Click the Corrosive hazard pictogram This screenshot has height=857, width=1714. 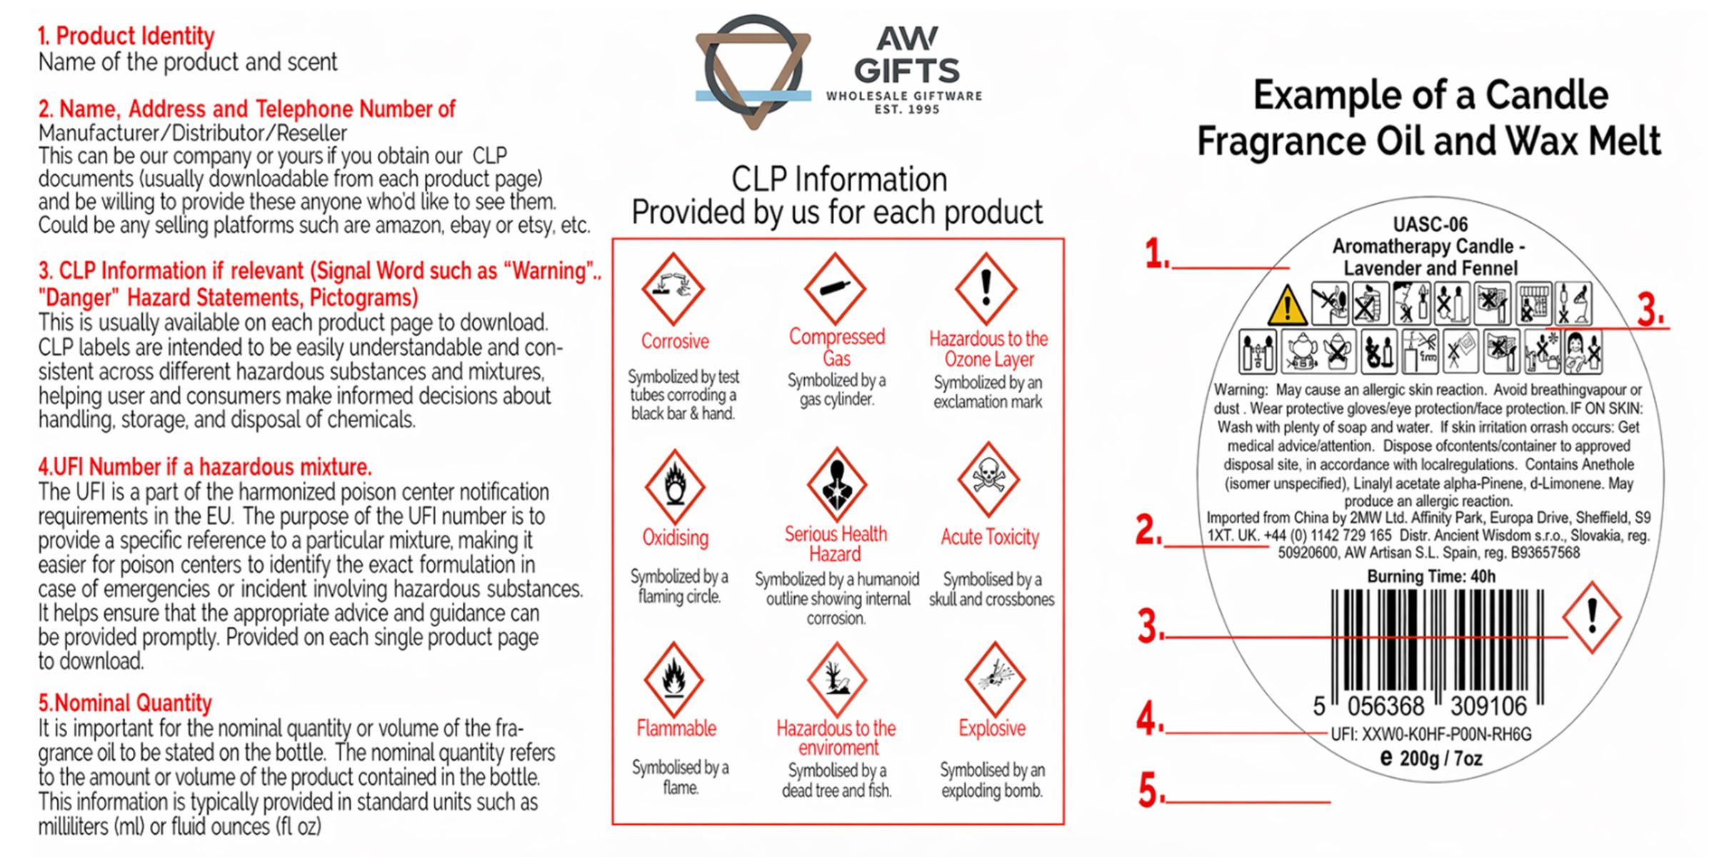pyautogui.click(x=673, y=289)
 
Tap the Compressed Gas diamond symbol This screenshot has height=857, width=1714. pyautogui.click(x=835, y=289)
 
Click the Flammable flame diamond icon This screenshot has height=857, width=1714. pyautogui.click(x=673, y=679)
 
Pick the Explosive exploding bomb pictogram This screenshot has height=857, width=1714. pyautogui.click(x=995, y=679)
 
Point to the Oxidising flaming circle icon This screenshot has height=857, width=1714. pyautogui.click(x=675, y=486)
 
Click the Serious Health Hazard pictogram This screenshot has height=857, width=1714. pyautogui.click(x=836, y=484)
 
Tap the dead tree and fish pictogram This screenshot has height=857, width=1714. pyautogui.click(x=836, y=679)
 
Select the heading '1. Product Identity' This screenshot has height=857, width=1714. pyautogui.click(x=126, y=36)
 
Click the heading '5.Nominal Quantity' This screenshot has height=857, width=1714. pyautogui.click(x=125, y=703)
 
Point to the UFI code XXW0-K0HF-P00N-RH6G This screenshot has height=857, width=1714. pyautogui.click(x=1430, y=734)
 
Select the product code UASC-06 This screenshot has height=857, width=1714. pyautogui.click(x=1430, y=224)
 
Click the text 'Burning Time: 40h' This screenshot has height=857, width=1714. pyautogui.click(x=1431, y=576)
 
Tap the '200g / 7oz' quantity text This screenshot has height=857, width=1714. pyautogui.click(x=1441, y=758)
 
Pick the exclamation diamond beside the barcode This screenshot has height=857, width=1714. pyautogui.click(x=1592, y=617)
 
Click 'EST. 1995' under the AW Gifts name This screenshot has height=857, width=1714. pyautogui.click(x=907, y=109)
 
